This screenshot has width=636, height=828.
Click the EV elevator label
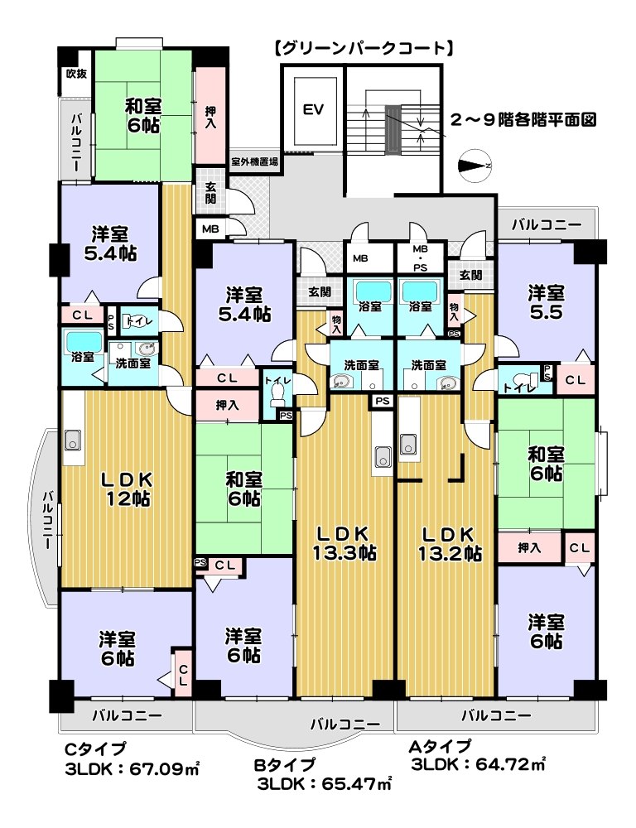(x=313, y=110)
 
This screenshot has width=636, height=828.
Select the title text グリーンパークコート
(x=364, y=49)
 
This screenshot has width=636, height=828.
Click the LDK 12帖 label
(x=127, y=489)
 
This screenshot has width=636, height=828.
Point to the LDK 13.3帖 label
(x=344, y=543)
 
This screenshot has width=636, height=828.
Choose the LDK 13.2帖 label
(x=450, y=543)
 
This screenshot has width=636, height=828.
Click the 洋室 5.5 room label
(x=547, y=302)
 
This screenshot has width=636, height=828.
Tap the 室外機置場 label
(x=254, y=162)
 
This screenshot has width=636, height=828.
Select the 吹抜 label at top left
(x=75, y=74)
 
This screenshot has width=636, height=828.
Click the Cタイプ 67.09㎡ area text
(x=132, y=759)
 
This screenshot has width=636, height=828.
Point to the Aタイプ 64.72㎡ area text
(x=478, y=755)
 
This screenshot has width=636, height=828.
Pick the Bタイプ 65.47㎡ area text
(x=324, y=774)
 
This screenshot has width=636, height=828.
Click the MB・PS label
(x=420, y=258)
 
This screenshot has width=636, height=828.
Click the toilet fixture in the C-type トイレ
(x=131, y=321)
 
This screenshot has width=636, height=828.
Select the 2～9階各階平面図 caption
(x=523, y=120)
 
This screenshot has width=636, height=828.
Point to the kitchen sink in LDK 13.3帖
(x=383, y=455)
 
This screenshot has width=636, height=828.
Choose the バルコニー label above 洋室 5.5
(x=547, y=225)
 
